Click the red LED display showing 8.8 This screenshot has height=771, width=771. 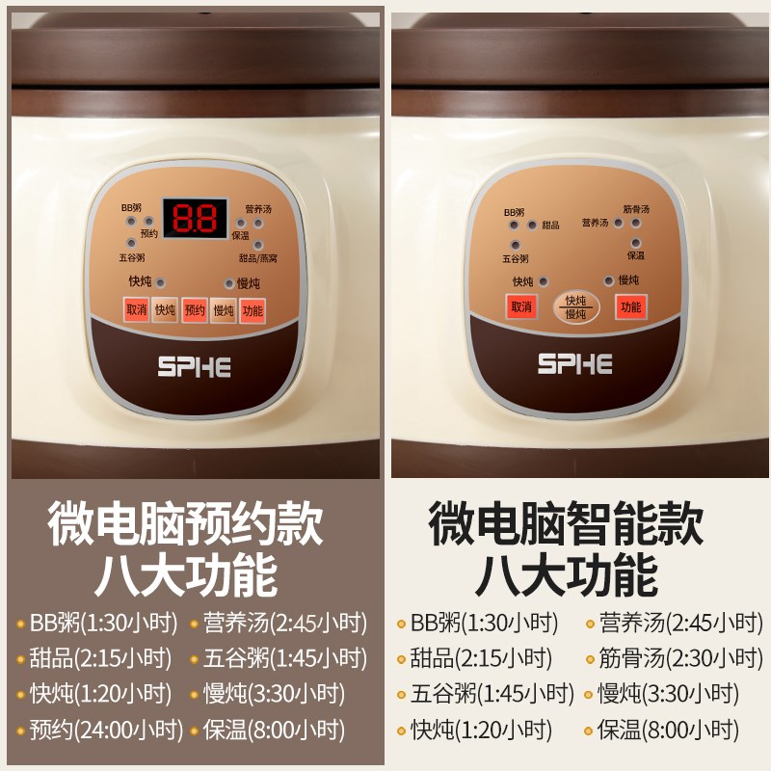coord(194,219)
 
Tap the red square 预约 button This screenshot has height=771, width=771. coord(195,309)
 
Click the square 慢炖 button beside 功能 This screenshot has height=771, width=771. coord(224,309)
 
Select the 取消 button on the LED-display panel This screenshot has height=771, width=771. coord(136,309)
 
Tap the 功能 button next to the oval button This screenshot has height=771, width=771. coord(631,307)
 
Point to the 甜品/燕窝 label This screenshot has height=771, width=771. coord(257,258)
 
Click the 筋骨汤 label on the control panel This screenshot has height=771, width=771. coord(636,209)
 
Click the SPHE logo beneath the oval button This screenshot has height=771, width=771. coord(575,364)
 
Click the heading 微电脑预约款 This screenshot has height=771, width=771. coord(186,525)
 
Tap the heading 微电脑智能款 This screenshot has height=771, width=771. coord(566,525)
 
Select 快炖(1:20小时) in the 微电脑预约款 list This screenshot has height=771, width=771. coord(93,694)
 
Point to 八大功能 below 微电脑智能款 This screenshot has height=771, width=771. coord(566,576)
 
